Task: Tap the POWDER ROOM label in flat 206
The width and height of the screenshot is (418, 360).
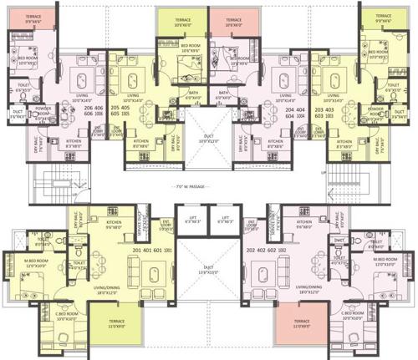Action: [43, 110]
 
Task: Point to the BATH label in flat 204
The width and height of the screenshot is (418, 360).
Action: [224, 94]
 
